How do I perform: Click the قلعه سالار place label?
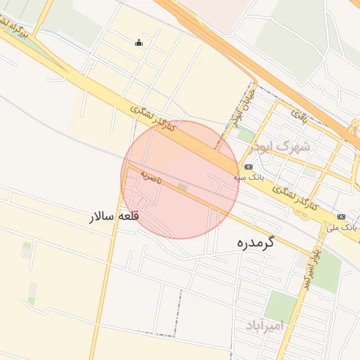114,216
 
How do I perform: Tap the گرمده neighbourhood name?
255,244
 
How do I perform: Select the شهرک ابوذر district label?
284,147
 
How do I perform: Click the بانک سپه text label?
250,179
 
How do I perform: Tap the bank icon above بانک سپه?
248,167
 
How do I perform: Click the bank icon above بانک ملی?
342,217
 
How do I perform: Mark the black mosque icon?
139,43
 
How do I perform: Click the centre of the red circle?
181,179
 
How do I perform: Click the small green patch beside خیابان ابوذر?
245,134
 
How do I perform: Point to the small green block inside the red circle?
183,188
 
